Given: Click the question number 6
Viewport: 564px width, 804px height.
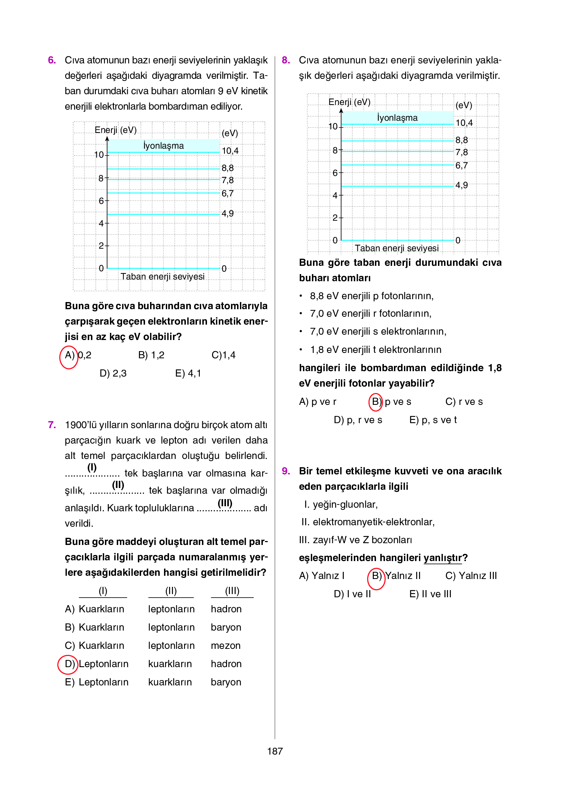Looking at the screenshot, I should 52,60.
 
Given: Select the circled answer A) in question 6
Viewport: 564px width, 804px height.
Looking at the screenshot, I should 69,356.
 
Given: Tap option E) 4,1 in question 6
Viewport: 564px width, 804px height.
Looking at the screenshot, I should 188,374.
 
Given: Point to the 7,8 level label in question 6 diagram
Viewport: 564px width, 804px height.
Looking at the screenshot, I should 228,180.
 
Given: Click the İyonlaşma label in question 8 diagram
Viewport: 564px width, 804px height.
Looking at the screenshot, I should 397,118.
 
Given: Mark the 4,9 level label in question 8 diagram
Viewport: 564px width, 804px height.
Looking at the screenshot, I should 462,185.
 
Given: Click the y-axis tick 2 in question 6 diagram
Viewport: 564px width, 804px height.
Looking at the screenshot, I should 101,246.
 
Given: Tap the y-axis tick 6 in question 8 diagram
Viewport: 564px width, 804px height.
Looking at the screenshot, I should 335,173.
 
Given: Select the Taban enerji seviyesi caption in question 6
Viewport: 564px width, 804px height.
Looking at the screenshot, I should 163,277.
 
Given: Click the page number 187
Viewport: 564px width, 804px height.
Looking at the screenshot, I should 275,751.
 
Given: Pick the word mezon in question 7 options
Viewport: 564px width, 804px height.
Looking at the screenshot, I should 226,646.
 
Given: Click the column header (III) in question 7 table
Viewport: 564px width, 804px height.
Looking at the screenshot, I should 232,591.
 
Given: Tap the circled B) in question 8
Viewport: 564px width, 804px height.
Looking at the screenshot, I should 376,402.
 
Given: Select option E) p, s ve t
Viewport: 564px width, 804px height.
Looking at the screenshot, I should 433,420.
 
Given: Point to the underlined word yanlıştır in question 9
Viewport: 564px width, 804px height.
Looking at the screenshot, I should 443,558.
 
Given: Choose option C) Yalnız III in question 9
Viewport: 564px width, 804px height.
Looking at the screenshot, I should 471,576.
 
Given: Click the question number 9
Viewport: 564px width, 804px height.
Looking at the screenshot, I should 286,471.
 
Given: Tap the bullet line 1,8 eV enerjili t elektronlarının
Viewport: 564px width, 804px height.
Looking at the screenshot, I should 376,350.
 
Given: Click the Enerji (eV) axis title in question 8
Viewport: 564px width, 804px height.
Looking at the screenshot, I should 350,102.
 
